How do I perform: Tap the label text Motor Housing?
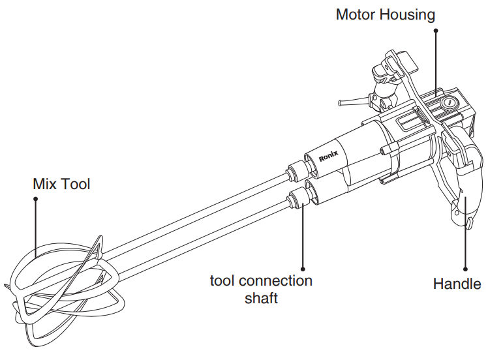385,14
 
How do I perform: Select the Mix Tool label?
61,184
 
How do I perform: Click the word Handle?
457,284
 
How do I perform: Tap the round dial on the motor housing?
448,103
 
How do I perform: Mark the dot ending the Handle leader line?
466,267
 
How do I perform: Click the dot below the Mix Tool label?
36,200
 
